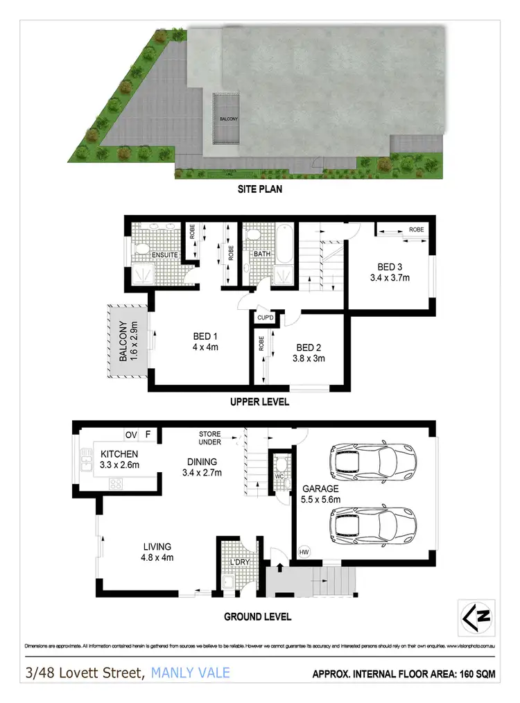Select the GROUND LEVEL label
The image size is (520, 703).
(258, 616)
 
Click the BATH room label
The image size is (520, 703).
(261, 254)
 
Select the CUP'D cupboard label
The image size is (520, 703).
(266, 318)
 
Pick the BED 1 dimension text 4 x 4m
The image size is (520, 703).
(206, 348)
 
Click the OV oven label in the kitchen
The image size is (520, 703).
(131, 435)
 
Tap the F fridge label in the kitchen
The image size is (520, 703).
(148, 435)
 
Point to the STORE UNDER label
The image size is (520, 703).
(209, 439)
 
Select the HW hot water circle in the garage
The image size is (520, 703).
(303, 552)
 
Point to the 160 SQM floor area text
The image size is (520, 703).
(475, 673)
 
